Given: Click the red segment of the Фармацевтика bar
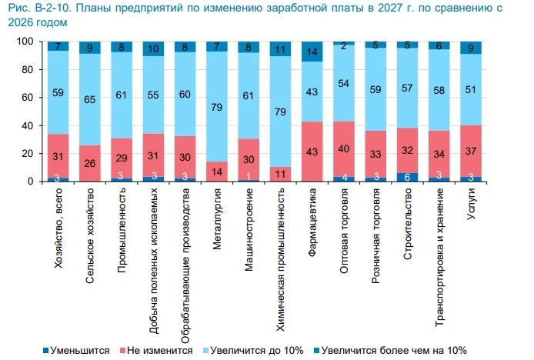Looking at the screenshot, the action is click(312, 152).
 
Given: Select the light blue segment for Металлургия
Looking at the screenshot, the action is click(216, 107).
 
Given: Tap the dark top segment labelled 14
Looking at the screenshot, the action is click(312, 52).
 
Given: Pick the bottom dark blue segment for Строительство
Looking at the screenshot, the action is click(407, 177).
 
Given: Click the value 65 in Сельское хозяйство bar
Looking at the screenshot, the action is click(89, 99).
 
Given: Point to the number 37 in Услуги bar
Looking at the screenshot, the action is click(471, 151).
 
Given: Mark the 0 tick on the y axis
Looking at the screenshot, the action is click(30, 182).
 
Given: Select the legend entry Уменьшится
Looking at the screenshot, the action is click(76, 351).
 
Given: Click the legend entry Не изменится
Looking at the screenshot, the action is click(157, 351).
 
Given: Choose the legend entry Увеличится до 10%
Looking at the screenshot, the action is click(253, 351).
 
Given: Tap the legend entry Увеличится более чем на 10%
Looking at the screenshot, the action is click(390, 351).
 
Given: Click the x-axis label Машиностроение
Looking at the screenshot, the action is click(249, 229).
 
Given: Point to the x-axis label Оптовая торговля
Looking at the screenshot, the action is click(344, 231).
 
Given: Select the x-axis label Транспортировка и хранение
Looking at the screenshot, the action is click(439, 257).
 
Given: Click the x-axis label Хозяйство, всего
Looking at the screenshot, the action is click(58, 228).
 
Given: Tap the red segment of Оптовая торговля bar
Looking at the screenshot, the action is click(344, 149).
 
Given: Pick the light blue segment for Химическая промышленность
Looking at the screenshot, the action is click(280, 112).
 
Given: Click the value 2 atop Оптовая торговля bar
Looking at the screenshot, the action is click(344, 46).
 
